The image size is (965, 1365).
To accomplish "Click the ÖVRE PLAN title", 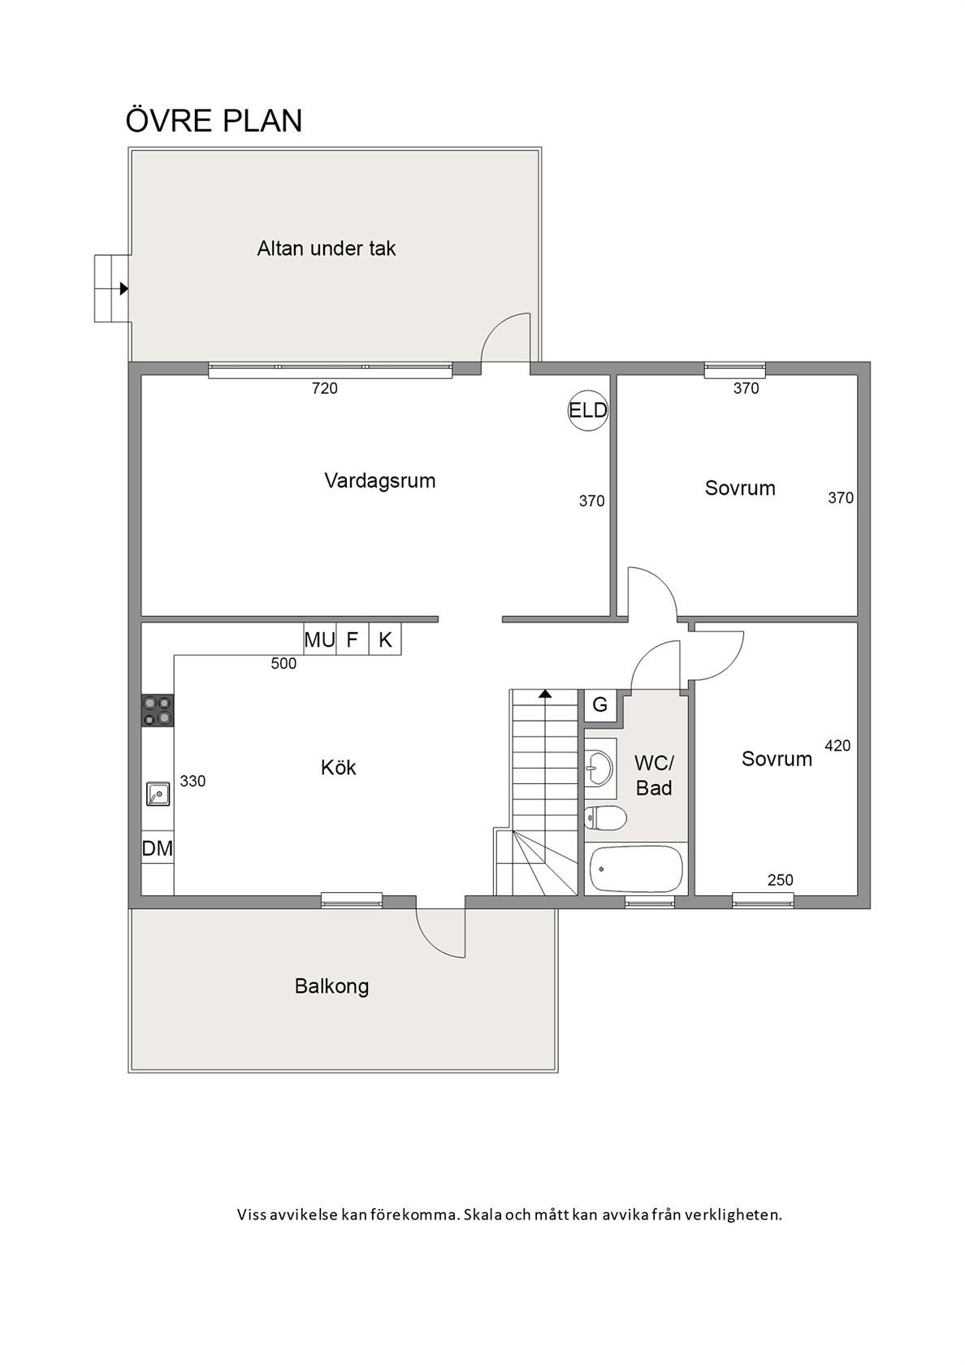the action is click(x=214, y=119).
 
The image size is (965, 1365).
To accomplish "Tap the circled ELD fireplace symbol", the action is click(x=588, y=411).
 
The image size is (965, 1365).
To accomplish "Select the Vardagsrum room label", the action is click(x=379, y=481).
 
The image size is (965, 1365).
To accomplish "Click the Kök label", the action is click(x=338, y=767).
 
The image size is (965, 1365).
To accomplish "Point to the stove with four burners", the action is click(x=158, y=710).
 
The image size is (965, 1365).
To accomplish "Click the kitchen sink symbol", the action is click(x=158, y=794).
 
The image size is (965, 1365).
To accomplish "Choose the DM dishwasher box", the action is click(x=158, y=848).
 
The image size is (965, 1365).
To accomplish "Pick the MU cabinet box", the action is click(x=320, y=639).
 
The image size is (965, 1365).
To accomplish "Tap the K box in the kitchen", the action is click(x=385, y=639).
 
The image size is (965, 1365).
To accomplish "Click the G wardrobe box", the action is click(x=600, y=705).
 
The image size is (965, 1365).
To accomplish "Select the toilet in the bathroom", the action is click(x=606, y=817).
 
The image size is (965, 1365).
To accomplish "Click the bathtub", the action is click(x=636, y=869).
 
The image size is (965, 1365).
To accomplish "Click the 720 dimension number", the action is click(x=325, y=388).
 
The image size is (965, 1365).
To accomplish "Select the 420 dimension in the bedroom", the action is click(x=837, y=745).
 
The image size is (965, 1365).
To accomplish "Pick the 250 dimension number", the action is click(x=781, y=880).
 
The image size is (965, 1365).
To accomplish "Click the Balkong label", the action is click(x=332, y=986).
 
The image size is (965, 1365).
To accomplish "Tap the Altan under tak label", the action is click(x=327, y=249).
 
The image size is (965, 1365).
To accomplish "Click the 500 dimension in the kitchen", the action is click(x=284, y=663).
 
